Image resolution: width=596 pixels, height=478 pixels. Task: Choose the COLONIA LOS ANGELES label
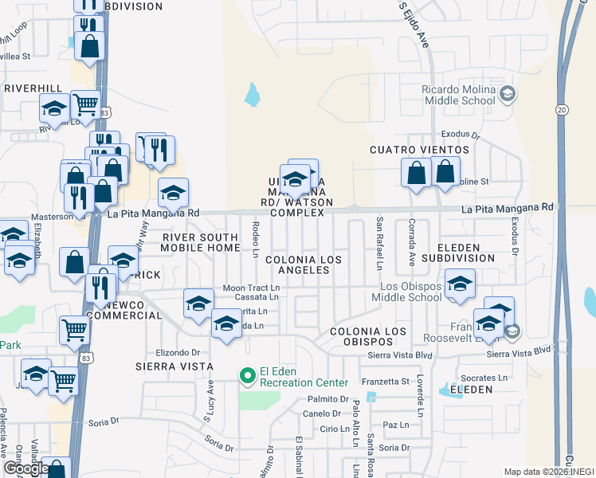point(303,265)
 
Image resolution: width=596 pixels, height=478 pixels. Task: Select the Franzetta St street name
point(385,382)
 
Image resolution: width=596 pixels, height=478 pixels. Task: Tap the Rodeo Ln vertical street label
point(255,239)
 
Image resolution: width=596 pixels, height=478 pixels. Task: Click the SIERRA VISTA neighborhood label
point(174,366)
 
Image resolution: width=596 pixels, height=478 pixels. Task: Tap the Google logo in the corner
point(25,468)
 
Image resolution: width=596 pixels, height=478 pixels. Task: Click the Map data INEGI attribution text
point(548,472)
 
